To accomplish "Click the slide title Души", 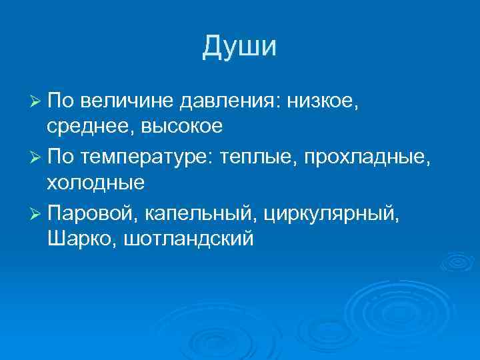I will (239, 47).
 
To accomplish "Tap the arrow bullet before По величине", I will (37, 101).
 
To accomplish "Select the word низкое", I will (323, 101).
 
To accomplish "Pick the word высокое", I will (177, 126).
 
